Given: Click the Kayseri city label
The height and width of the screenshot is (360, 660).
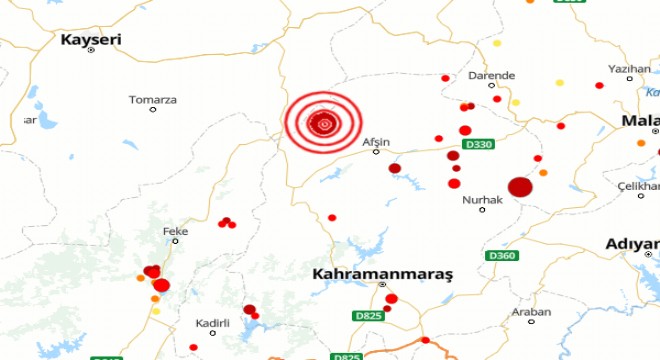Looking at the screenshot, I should pos(90,38).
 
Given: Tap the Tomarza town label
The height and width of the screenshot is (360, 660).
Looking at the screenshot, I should pos(153,99).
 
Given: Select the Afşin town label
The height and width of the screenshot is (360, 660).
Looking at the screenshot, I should pos(376,141).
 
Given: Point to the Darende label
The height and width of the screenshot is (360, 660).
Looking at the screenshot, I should pos(492,75).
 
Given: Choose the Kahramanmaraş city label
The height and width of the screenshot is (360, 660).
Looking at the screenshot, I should pos(383,273).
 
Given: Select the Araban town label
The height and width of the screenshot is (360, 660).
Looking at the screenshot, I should pos(531,312).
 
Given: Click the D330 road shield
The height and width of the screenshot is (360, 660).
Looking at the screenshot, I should pos(480,145).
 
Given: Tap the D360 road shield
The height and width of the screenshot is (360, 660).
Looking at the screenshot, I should pos(501,256).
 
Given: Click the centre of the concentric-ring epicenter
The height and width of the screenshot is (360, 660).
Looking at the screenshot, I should pos(322,124).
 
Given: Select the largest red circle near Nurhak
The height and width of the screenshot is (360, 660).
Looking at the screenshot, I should pos(520,187).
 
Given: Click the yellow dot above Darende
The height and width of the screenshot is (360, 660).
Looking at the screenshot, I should pos(497,43).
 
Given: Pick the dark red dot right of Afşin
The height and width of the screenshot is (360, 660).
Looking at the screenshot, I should pos(395,168).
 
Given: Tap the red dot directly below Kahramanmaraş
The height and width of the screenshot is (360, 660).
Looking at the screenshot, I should pos(391,298).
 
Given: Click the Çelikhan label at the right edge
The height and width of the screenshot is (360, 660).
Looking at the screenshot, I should pos(641,187).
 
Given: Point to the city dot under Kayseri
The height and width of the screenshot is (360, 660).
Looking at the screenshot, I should pos(90,51).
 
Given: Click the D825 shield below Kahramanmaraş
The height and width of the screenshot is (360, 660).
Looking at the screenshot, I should pos(368,316).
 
